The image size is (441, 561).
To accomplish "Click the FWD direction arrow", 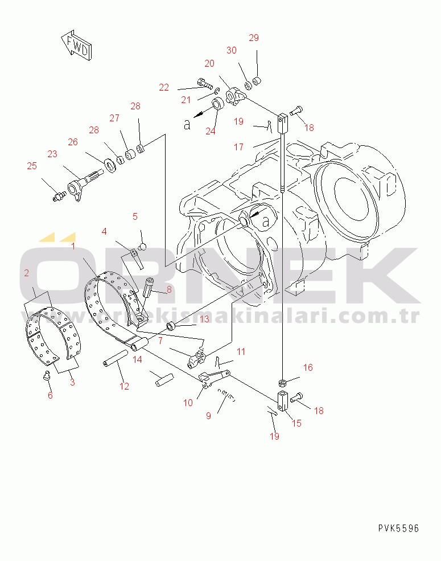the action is [76, 45].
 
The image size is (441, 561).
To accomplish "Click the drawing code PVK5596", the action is [398, 528].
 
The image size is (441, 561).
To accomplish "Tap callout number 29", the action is [254, 38].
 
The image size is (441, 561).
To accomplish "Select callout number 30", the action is [232, 50].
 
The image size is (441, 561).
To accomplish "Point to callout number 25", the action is [32, 166].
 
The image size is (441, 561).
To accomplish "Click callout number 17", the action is [239, 147].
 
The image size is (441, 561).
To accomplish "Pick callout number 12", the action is [124, 386].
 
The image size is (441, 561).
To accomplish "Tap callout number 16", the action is [308, 367].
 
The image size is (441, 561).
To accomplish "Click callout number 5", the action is [135, 216].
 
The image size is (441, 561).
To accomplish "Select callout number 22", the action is [164, 87].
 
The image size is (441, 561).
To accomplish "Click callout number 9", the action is [208, 416].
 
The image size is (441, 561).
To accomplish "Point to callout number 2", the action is [26, 273].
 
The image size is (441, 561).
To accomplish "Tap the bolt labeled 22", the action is [205, 83].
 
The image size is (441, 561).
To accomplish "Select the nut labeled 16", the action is [282, 383].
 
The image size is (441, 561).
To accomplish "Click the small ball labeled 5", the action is [143, 247].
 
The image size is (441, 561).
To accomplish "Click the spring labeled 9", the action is [227, 395].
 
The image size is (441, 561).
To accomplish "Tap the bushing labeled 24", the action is [218, 103].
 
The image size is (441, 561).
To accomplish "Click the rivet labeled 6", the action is [46, 375].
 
